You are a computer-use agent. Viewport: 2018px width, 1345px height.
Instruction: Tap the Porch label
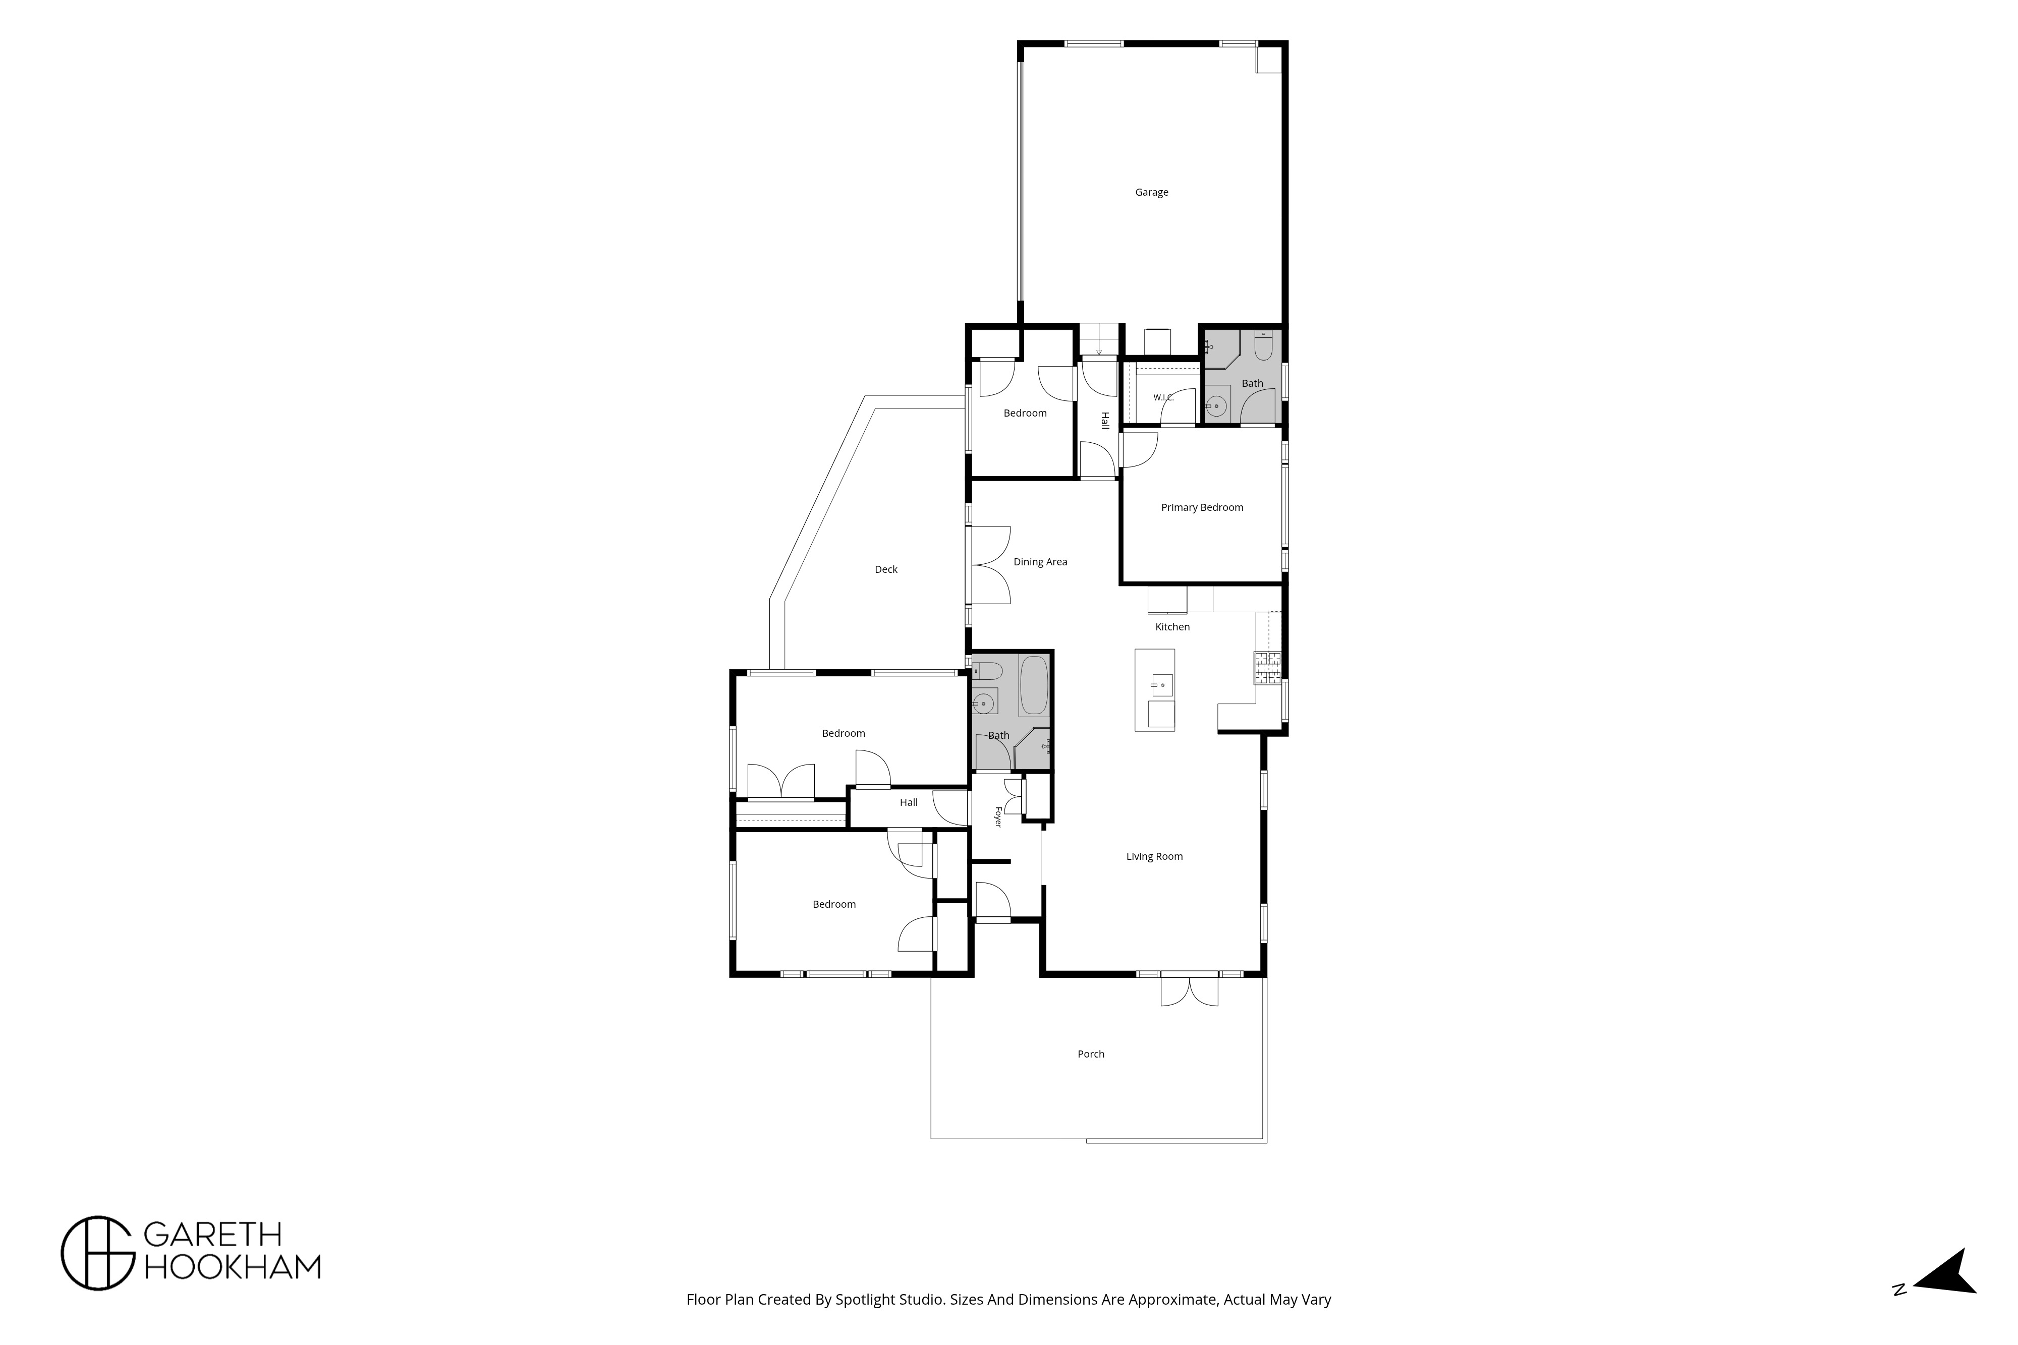click(x=1091, y=1054)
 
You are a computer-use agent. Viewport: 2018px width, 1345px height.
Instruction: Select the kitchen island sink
click(x=1162, y=684)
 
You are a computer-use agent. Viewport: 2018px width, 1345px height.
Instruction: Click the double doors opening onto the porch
click(x=1189, y=991)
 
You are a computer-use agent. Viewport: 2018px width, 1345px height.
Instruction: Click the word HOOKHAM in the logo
click(x=232, y=1267)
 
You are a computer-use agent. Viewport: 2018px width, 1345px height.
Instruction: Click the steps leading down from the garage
click(x=1099, y=340)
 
